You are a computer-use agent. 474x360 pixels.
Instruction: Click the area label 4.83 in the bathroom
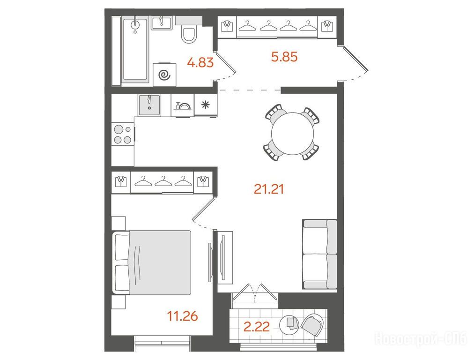coord(200,63)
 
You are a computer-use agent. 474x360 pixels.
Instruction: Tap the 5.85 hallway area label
coord(284,57)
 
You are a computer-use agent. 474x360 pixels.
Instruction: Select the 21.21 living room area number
coord(269,189)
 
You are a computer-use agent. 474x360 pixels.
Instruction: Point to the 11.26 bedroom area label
coord(183,316)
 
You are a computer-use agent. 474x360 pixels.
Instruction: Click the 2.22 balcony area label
coord(257,327)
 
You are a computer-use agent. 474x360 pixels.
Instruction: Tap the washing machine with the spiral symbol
coord(164,75)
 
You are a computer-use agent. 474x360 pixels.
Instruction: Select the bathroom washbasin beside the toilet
coord(162,23)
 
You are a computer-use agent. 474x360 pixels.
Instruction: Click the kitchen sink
coord(149,105)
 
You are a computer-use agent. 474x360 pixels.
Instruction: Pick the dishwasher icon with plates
coord(183,105)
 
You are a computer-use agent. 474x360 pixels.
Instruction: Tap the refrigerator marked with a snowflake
coord(206,105)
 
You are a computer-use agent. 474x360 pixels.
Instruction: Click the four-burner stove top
coord(123,134)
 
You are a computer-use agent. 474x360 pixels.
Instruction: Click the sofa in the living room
coord(320,254)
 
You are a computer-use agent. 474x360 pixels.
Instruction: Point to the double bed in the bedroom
coord(152,262)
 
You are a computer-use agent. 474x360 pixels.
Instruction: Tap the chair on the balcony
coord(312,324)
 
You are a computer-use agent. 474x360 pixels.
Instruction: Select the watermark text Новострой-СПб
coord(421,338)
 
